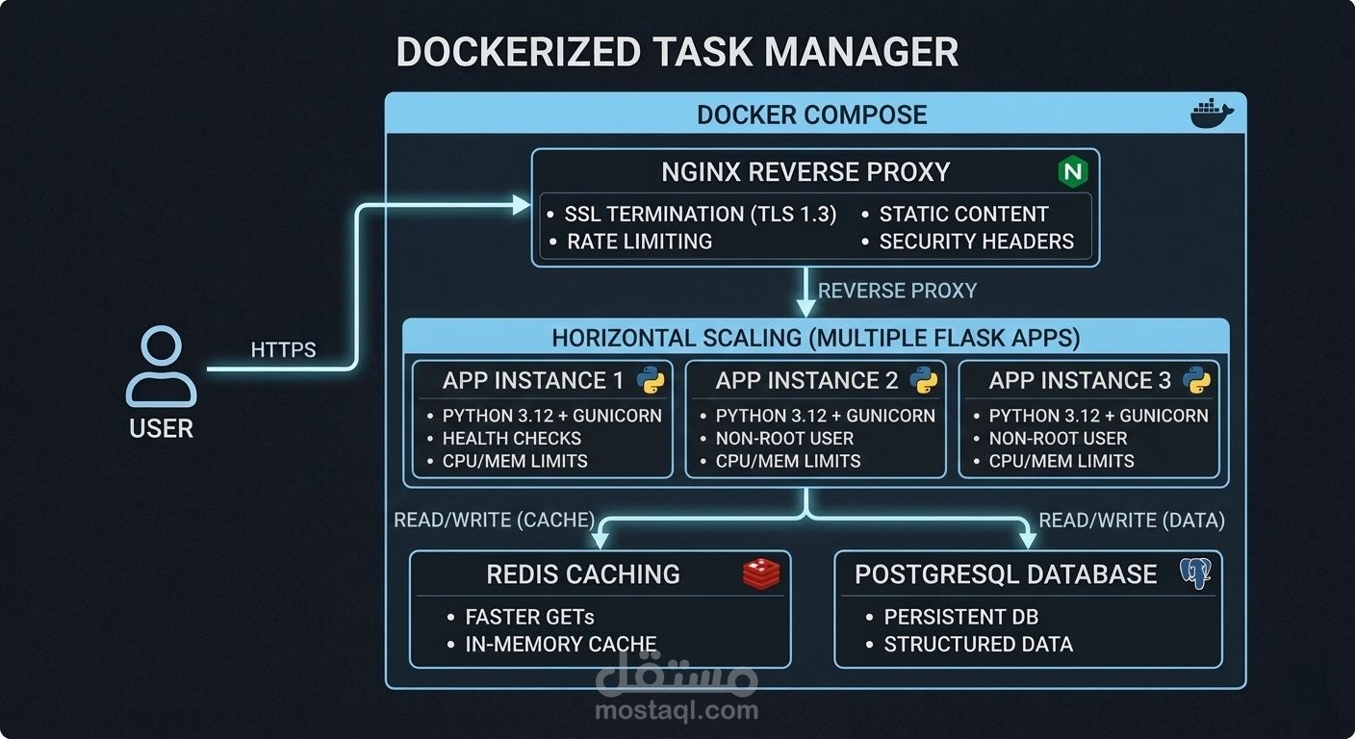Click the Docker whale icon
click(x=1211, y=114)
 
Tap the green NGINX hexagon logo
click(x=1072, y=172)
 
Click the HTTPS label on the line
click(x=283, y=350)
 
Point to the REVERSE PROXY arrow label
click(x=897, y=291)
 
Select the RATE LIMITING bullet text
click(x=639, y=242)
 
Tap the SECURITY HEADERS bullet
click(x=976, y=242)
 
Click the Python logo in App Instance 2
click(x=923, y=381)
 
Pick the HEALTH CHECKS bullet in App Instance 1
click(x=511, y=438)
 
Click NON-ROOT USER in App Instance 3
click(x=1058, y=438)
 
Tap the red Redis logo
click(x=760, y=574)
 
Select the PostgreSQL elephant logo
click(x=1194, y=574)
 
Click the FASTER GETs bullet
click(x=529, y=617)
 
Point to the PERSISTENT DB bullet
click(x=960, y=617)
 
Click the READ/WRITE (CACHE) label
click(x=495, y=521)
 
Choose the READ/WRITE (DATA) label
click(x=1132, y=521)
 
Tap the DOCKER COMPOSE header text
click(x=811, y=115)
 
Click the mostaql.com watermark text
click(x=677, y=711)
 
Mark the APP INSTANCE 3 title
click(x=1080, y=381)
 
